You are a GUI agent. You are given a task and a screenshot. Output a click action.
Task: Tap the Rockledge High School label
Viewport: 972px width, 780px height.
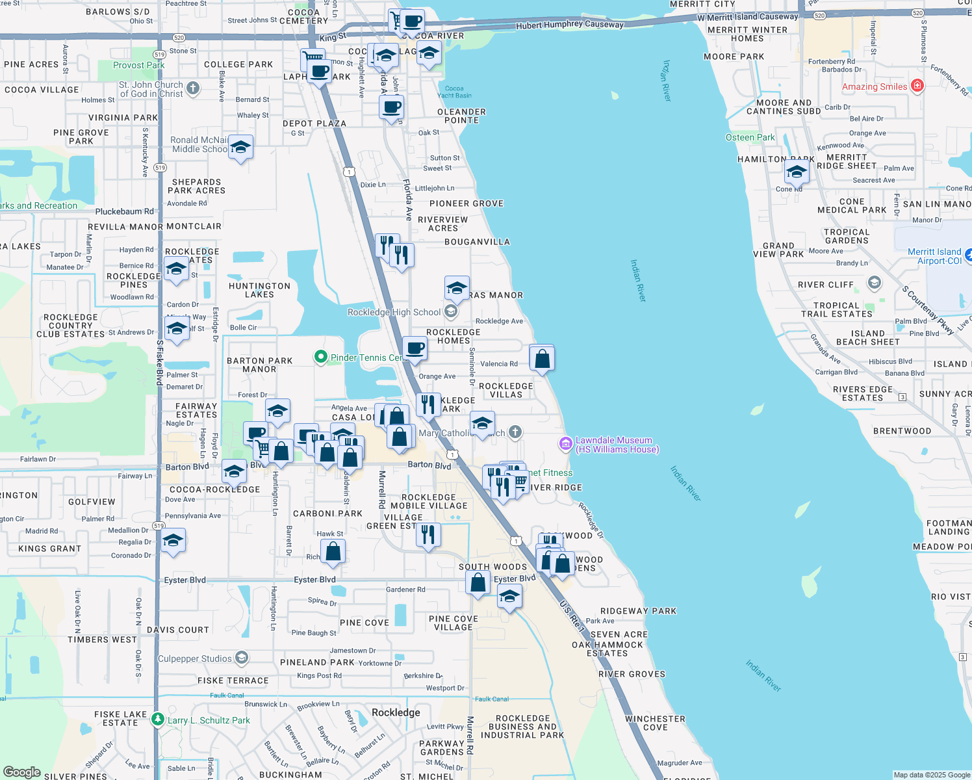[x=394, y=312]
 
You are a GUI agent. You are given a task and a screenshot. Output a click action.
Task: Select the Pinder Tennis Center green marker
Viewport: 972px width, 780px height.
[x=320, y=357]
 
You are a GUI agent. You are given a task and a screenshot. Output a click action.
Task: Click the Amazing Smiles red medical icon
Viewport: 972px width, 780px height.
[x=917, y=86]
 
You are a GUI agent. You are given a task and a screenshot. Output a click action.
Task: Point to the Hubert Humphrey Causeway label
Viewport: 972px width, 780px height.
[x=570, y=25]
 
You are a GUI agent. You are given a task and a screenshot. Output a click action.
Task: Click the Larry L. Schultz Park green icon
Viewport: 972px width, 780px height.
[x=157, y=720]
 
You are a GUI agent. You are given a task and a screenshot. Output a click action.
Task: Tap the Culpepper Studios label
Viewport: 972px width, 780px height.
[x=195, y=658]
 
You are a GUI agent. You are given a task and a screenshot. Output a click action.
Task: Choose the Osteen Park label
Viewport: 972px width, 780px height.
[x=750, y=137]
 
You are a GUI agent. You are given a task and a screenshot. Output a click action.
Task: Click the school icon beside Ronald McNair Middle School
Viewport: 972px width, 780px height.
[x=240, y=148]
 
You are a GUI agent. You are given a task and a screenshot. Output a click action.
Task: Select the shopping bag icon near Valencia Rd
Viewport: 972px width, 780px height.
[x=542, y=358]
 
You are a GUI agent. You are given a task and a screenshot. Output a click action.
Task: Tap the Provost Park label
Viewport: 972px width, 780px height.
[x=138, y=65]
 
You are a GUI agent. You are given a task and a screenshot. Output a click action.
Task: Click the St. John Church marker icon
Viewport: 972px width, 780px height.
[x=193, y=88]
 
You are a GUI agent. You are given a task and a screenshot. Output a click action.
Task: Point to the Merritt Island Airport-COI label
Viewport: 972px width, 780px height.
[x=934, y=256]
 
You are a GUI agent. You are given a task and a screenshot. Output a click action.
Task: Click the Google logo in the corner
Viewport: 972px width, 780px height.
[x=22, y=772]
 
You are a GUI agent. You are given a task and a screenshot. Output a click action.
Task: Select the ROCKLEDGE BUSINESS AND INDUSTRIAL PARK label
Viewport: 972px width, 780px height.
[x=522, y=727]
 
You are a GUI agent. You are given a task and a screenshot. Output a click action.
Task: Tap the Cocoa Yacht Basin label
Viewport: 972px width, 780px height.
[x=454, y=92]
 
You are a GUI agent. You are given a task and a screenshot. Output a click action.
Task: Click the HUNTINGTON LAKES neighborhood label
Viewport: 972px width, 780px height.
[x=259, y=290]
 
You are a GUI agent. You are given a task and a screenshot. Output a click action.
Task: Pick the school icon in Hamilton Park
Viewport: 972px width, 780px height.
[x=797, y=173]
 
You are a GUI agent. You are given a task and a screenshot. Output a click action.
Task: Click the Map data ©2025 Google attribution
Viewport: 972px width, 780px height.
[x=931, y=775]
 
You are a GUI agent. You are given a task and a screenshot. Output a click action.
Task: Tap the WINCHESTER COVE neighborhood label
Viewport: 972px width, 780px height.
[x=655, y=723]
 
